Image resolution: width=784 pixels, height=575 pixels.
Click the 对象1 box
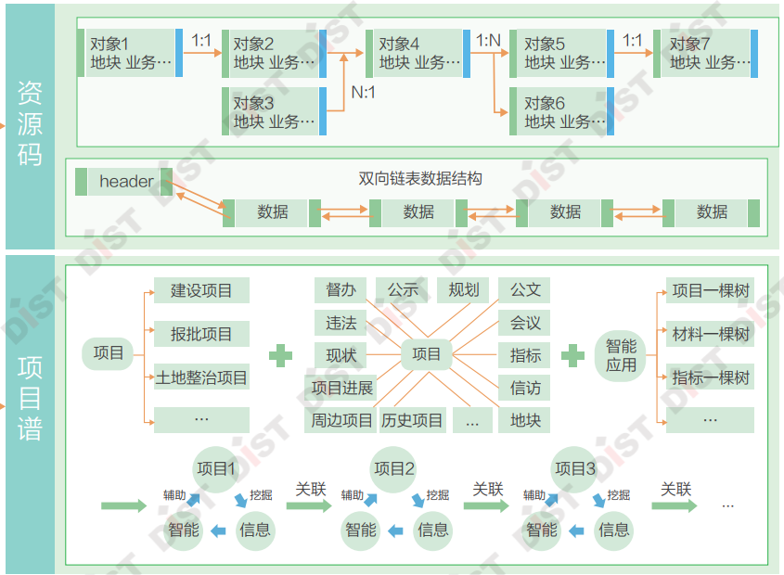point(130,53)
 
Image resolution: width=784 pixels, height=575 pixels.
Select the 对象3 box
point(273,111)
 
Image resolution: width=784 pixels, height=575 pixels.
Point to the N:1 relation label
point(364,92)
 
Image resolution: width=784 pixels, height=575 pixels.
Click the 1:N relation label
point(488,41)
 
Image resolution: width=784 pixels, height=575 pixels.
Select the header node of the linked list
point(125,182)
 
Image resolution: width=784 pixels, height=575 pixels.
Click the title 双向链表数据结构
point(419,178)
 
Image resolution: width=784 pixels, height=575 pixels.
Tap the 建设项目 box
point(201,290)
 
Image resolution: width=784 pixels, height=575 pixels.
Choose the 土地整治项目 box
point(201,377)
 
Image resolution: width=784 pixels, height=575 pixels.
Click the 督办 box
point(341,290)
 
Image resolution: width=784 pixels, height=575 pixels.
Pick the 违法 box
point(341,323)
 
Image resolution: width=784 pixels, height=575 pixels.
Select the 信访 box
point(525,388)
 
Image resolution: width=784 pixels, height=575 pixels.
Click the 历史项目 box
point(412,420)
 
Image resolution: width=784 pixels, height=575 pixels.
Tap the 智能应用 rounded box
point(622,355)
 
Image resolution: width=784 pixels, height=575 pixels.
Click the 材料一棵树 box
point(711,334)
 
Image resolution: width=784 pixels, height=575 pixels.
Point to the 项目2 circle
point(393,469)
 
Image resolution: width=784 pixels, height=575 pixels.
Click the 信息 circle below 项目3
point(613,530)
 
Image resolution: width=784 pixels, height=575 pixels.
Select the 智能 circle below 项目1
point(183,530)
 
